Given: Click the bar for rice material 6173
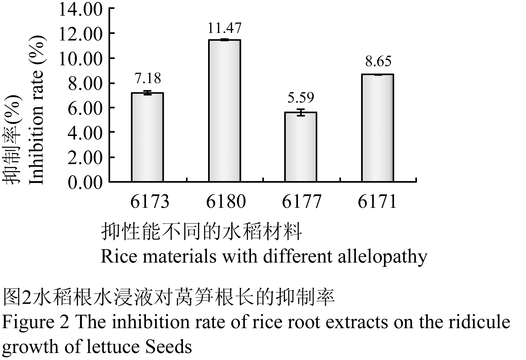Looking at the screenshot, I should point(147,137).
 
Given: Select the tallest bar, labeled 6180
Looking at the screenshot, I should point(225,111).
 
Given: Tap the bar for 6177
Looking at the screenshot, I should point(301,147).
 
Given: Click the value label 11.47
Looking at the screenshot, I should point(225,28).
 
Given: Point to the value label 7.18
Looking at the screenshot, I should point(148,78).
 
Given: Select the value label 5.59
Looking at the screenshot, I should point(301,97).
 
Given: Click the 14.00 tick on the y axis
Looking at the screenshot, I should point(80,10).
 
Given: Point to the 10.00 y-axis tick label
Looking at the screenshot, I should point(80,59).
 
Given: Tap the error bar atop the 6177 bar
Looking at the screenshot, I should point(301,112).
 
